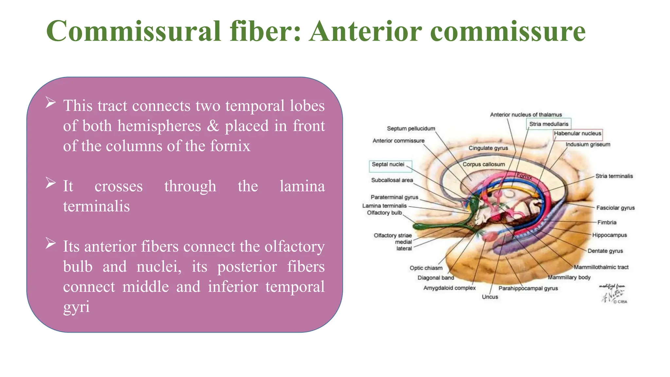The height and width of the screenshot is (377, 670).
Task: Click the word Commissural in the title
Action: (x=133, y=31)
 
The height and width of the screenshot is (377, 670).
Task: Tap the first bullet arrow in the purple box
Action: (x=51, y=102)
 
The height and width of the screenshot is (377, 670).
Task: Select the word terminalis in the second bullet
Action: (x=97, y=206)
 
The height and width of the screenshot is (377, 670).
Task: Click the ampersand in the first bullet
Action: (x=213, y=126)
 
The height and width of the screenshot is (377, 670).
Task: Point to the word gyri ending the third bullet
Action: (x=76, y=307)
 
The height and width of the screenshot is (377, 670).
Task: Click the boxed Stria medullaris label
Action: (x=549, y=124)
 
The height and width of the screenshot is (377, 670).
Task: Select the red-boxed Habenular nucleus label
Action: (x=577, y=134)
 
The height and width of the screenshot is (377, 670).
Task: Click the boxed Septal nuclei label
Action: (x=388, y=164)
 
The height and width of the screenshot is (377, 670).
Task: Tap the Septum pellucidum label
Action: (x=411, y=129)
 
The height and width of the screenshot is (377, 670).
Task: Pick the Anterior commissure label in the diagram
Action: (x=398, y=141)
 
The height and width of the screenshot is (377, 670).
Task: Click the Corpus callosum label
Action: (x=484, y=164)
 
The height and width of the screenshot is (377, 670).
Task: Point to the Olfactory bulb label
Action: (x=384, y=213)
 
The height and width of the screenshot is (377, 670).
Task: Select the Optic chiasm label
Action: (x=426, y=268)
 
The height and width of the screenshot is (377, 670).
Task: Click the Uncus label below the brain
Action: (x=490, y=297)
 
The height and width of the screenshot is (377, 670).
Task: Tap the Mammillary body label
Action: (x=569, y=278)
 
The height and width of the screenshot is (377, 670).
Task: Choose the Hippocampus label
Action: (x=609, y=235)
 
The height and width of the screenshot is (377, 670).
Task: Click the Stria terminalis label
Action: (x=614, y=176)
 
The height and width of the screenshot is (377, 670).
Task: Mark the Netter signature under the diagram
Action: (x=612, y=294)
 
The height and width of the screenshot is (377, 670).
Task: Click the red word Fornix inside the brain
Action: (x=524, y=176)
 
